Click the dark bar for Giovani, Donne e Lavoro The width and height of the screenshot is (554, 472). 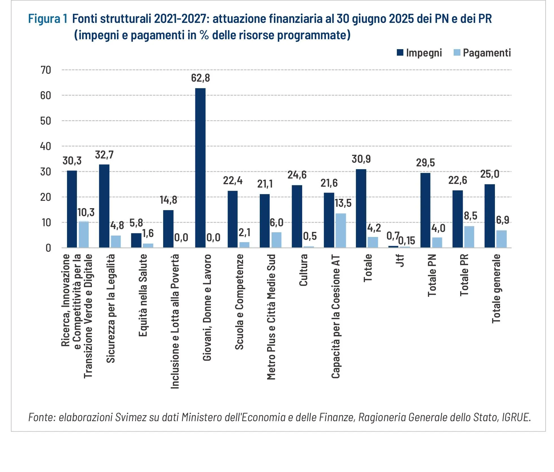coord(200,168)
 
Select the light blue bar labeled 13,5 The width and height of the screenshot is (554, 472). coord(341,231)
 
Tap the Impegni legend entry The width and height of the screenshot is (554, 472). coord(419,53)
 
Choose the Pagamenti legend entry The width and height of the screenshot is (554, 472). coord(482,53)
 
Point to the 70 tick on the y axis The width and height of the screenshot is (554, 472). coord(46,70)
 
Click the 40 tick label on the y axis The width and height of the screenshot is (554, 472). coord(46,146)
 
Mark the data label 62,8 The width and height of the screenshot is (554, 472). coord(200,78)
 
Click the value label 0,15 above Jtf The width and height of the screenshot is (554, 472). coord(406,241)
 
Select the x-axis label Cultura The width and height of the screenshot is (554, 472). coord(303,270)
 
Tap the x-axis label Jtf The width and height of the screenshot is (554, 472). coord(400,260)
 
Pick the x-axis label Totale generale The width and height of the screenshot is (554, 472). coord(496,288)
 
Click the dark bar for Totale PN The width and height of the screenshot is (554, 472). coord(425,210)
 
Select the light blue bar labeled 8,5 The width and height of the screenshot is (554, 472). coord(469,237)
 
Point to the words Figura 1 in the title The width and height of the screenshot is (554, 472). coord(48,19)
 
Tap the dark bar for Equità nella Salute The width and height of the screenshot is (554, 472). coord(136,240)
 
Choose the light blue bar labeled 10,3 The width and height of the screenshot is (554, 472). coord(84,235)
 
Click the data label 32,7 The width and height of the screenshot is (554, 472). coord(104,155)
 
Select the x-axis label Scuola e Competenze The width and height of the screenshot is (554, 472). coord(239,302)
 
